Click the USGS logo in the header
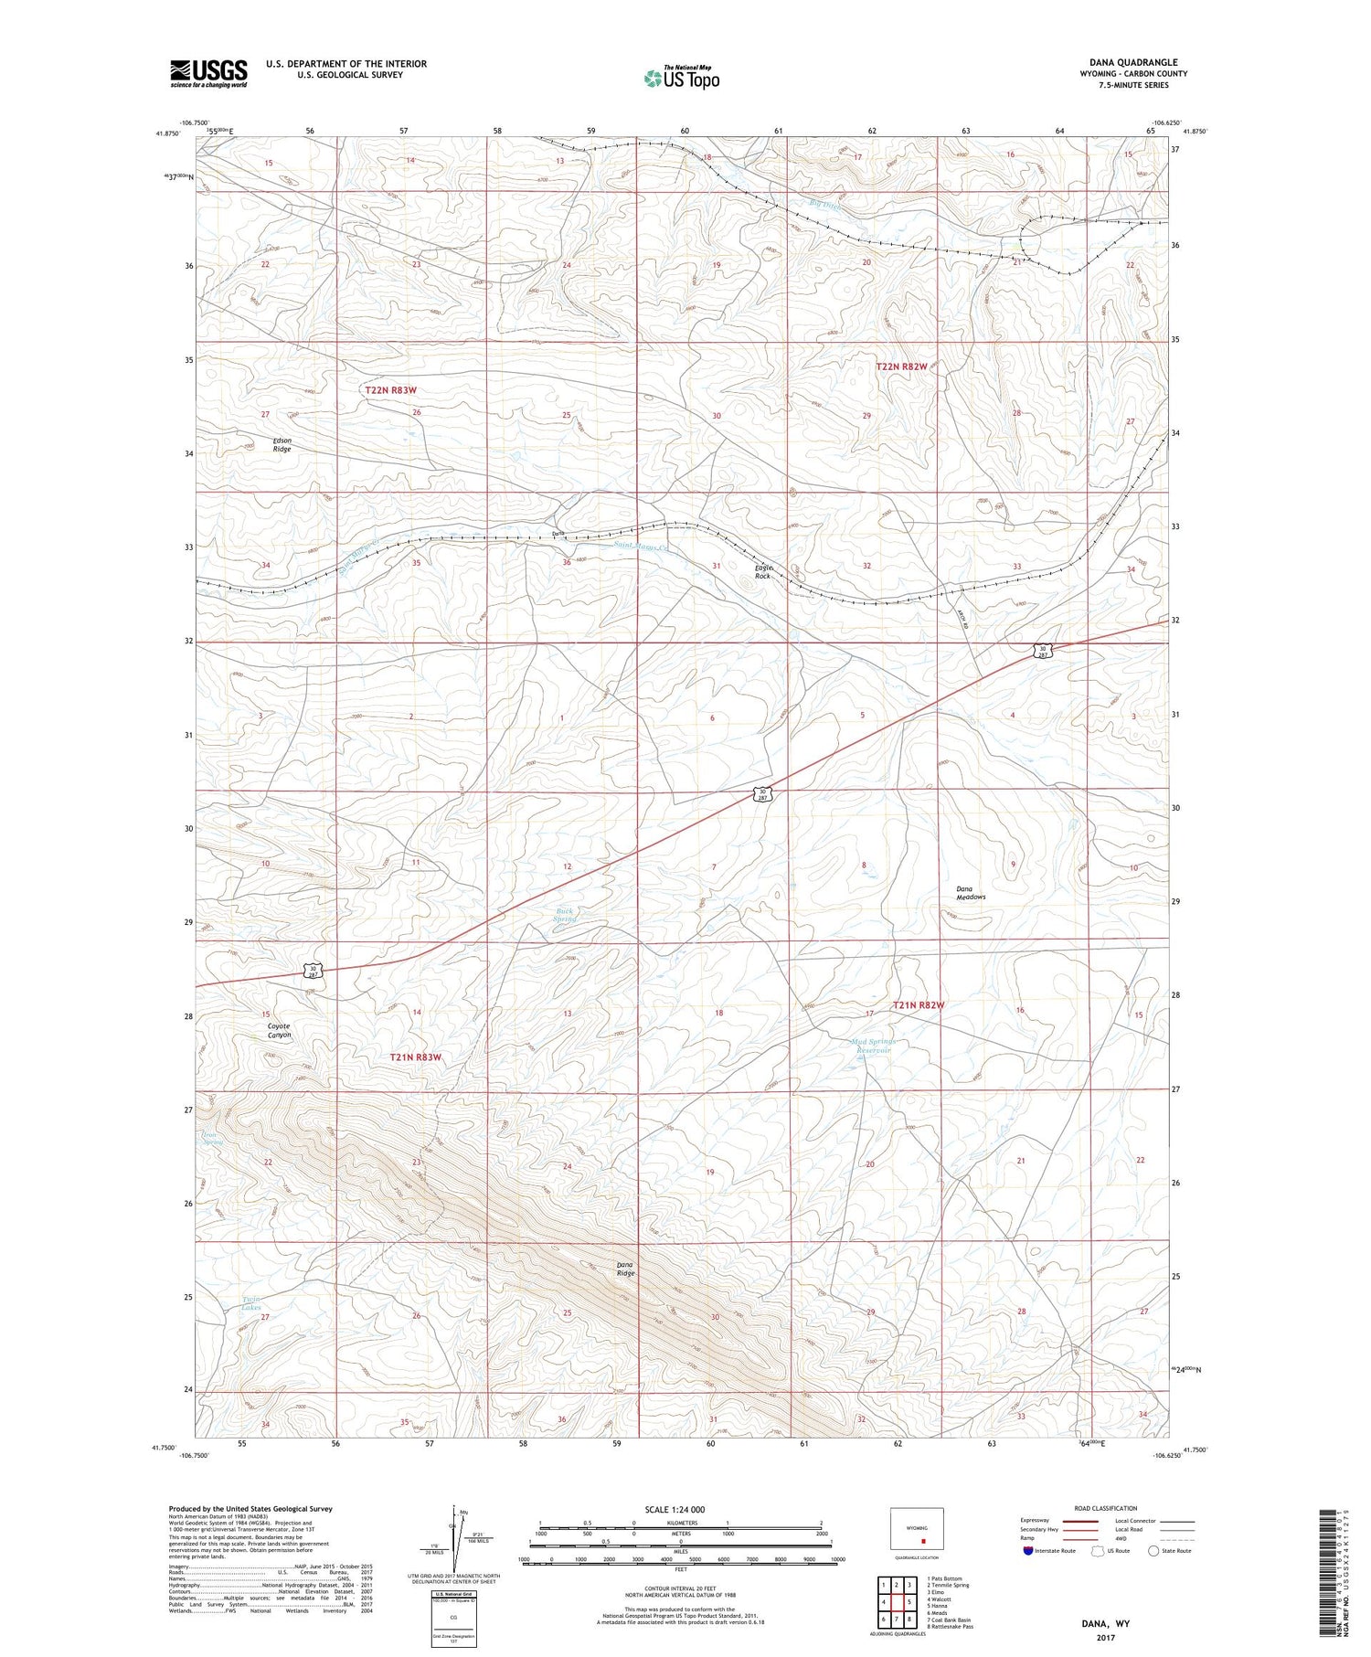coord(208,73)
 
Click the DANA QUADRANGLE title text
coord(1132,62)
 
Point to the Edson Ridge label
coord(282,445)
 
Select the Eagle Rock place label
coord(763,571)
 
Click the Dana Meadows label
coord(971,892)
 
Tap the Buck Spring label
coord(567,914)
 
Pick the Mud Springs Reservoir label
coord(873,1046)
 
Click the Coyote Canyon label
coord(279,1030)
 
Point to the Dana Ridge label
coord(625,1269)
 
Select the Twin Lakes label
coord(251,1303)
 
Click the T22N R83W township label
coord(390,389)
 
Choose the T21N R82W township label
coord(919,1004)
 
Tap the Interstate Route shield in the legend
coord(1028,1551)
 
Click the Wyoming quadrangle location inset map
coord(917,1530)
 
